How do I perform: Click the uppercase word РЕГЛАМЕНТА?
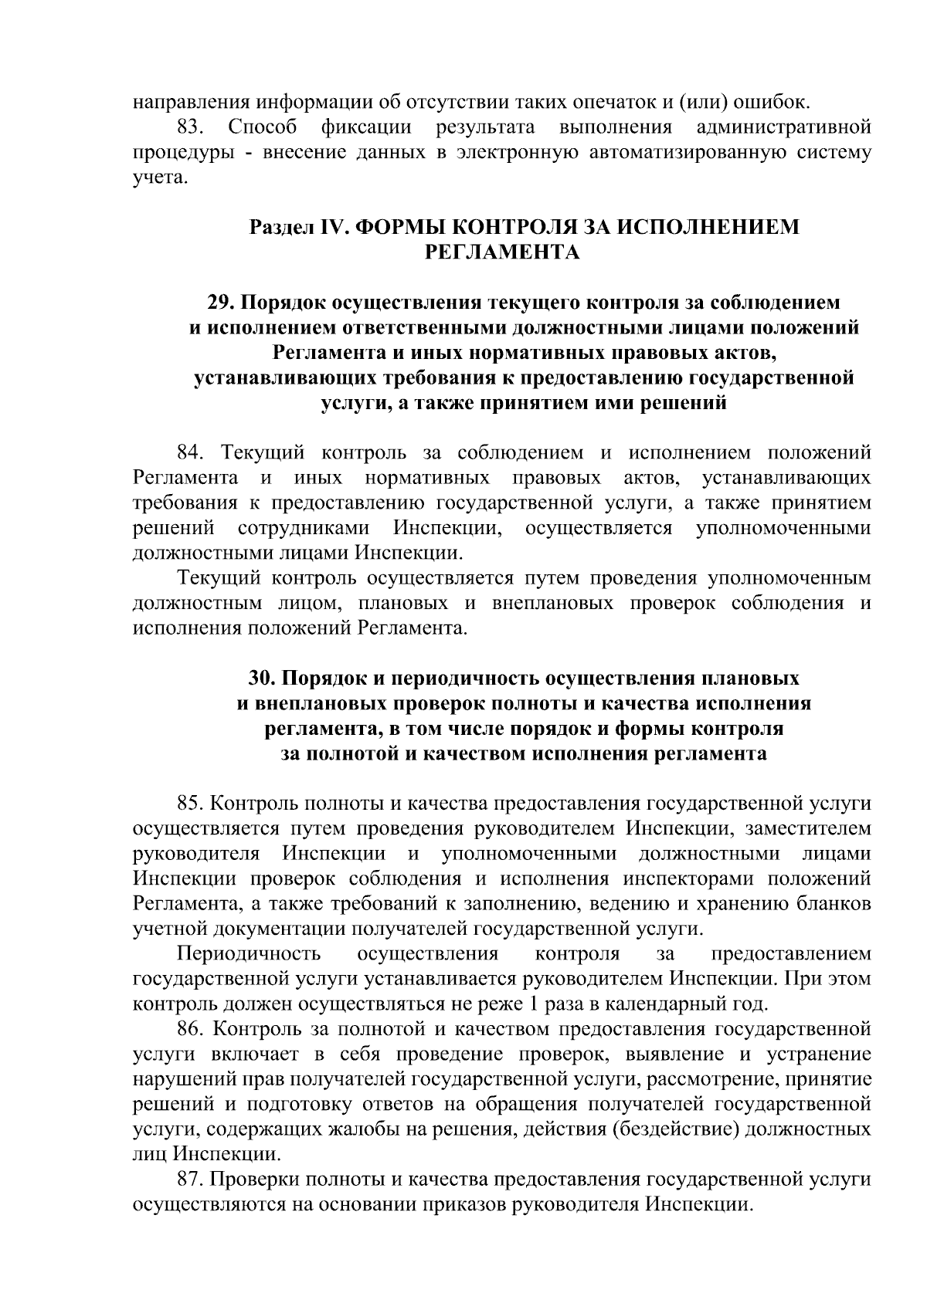pyautogui.click(x=503, y=253)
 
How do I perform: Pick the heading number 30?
pyautogui.click(x=262, y=679)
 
